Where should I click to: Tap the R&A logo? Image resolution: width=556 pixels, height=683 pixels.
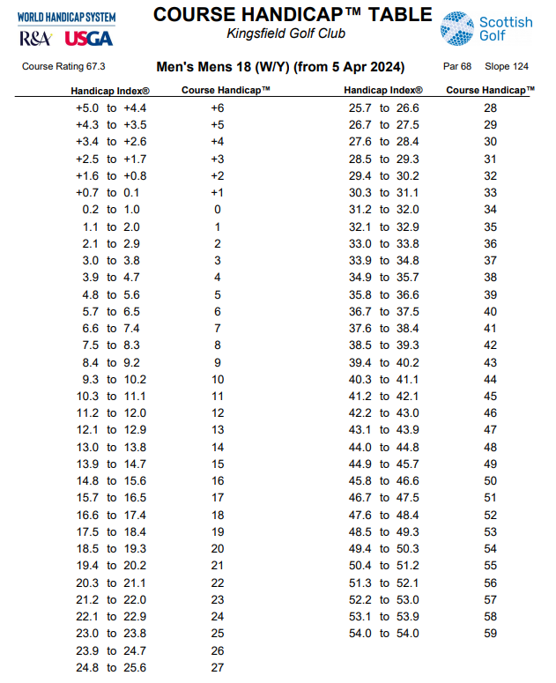[x=34, y=38]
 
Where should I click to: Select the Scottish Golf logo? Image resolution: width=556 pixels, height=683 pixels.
[x=486, y=28]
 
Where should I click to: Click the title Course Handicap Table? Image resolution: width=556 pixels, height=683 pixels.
[x=293, y=14]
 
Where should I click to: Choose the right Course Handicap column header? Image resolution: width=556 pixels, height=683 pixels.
[x=490, y=90]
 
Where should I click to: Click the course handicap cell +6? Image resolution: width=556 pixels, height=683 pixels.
[x=218, y=108]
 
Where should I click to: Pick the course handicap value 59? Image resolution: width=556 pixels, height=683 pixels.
[x=491, y=633]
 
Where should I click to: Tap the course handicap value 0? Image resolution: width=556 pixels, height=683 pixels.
[x=218, y=210]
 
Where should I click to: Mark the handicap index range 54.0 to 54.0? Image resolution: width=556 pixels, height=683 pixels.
[x=384, y=633]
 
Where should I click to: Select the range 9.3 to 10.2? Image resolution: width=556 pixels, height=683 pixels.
[x=112, y=379]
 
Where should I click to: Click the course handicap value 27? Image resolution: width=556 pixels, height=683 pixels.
[x=218, y=667]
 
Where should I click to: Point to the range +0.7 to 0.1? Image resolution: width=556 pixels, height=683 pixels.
[x=112, y=192]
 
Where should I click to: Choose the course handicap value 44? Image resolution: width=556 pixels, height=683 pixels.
[x=491, y=379]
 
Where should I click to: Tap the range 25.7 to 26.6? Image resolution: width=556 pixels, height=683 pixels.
[x=384, y=108]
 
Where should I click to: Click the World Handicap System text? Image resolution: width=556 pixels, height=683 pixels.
[x=66, y=17]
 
